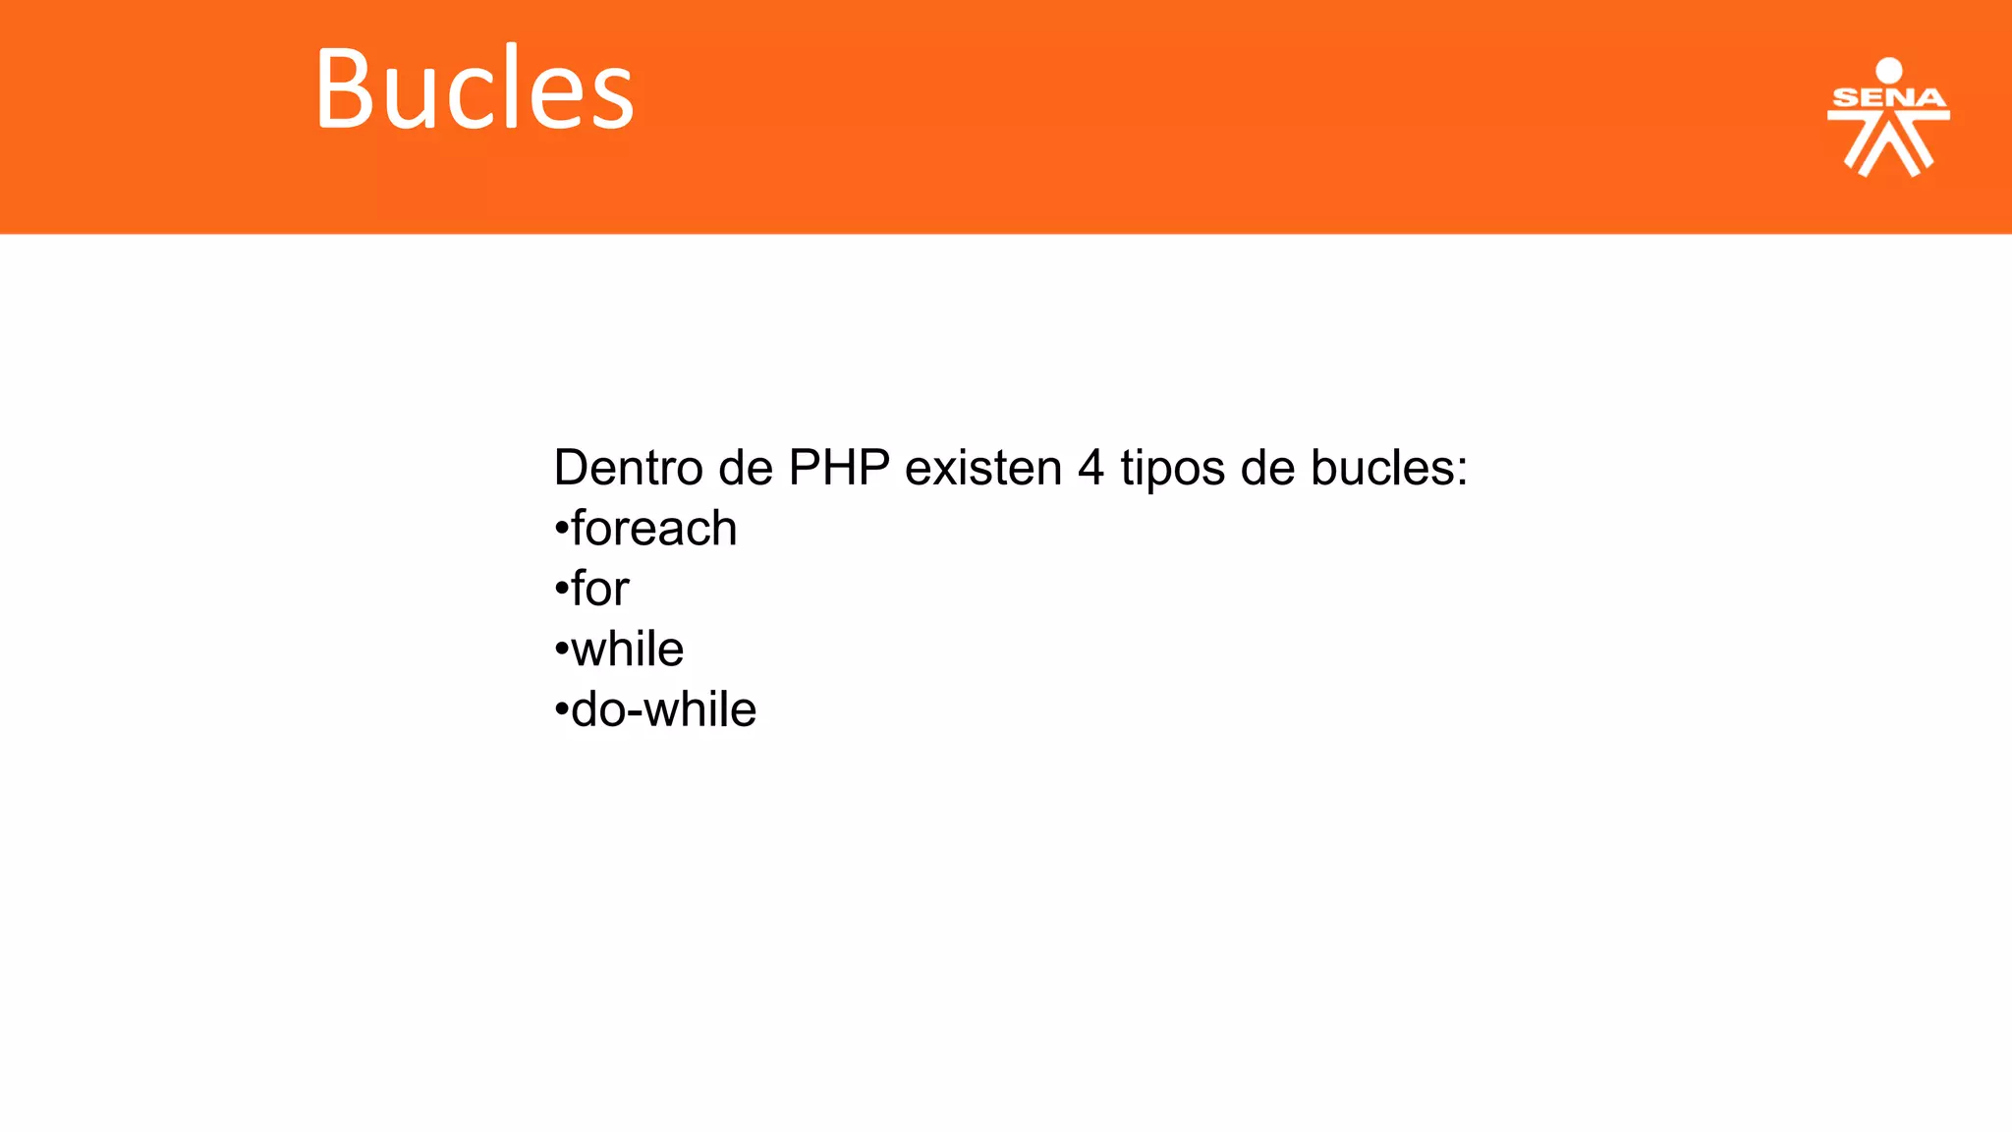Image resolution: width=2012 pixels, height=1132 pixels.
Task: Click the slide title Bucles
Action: click(475, 89)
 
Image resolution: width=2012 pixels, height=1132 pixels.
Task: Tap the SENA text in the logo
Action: click(1888, 98)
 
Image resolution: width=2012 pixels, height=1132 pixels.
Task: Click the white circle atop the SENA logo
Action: click(1888, 71)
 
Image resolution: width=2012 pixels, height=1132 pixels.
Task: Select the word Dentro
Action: click(629, 468)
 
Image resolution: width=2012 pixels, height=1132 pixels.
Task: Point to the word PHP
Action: click(839, 468)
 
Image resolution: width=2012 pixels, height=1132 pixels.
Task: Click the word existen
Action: click(983, 468)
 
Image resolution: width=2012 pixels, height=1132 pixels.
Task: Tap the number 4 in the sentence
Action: click(1090, 468)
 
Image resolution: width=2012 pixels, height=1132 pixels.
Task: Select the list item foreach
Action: click(653, 529)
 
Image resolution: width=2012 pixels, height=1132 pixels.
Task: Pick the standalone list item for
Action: click(599, 589)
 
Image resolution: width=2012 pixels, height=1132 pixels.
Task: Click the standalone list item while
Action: click(627, 650)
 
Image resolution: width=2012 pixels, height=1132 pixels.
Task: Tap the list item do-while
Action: click(663, 709)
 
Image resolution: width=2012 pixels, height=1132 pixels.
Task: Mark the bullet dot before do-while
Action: click(562, 710)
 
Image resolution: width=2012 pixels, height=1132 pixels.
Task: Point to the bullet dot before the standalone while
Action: click(562, 651)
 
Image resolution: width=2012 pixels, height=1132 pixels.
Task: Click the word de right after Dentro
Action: click(746, 468)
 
